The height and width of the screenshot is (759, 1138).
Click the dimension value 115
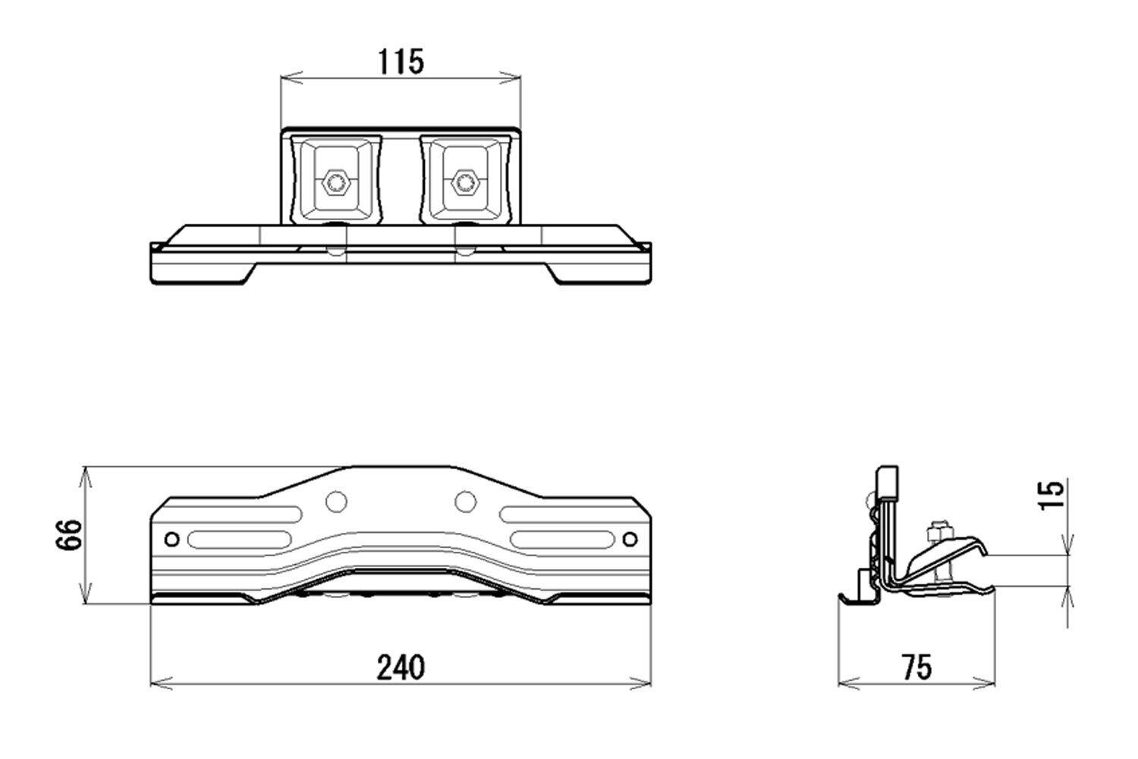(401, 61)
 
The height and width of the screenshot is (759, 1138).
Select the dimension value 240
(401, 667)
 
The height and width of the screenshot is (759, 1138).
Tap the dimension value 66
(68, 535)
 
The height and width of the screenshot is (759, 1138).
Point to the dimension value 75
(917, 667)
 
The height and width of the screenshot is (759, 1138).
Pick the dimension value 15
(1051, 495)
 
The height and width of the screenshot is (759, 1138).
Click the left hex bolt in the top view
(335, 182)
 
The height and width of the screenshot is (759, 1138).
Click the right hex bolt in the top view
(464, 182)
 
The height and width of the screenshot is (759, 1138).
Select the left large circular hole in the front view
(336, 502)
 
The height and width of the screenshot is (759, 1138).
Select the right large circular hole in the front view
(465, 502)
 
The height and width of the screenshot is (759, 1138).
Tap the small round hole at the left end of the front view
(172, 539)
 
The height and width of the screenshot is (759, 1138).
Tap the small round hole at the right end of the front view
(630, 539)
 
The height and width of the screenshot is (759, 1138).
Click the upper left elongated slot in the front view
(244, 514)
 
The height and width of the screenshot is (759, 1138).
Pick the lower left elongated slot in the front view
(239, 540)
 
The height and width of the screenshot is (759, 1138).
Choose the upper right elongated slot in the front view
(558, 514)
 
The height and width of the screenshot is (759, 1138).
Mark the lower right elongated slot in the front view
(562, 540)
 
